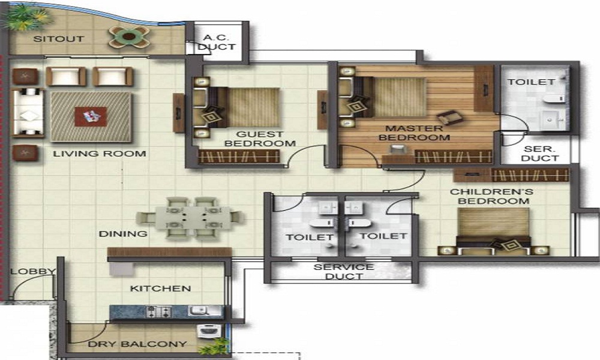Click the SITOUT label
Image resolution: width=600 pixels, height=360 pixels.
(x=59, y=38)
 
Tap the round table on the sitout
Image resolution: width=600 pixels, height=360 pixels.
(x=129, y=37)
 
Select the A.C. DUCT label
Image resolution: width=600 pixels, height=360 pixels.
(x=217, y=42)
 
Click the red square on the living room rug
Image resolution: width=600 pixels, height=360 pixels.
(x=91, y=116)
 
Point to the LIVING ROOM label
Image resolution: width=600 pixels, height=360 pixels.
(x=100, y=154)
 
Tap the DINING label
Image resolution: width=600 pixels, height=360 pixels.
(x=123, y=234)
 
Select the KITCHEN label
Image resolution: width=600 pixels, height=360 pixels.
(x=160, y=289)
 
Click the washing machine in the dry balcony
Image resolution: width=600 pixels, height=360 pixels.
(x=206, y=331)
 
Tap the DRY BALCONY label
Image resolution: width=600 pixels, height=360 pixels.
(x=137, y=344)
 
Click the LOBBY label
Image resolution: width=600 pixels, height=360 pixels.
(x=33, y=272)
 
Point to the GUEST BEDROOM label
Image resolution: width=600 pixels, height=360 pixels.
(x=260, y=139)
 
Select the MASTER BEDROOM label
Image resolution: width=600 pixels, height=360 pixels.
(x=415, y=133)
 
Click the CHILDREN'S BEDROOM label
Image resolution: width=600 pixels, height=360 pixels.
(x=491, y=196)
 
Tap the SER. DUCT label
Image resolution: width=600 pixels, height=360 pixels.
(x=539, y=154)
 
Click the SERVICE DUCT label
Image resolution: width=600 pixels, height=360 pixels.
(x=344, y=272)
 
